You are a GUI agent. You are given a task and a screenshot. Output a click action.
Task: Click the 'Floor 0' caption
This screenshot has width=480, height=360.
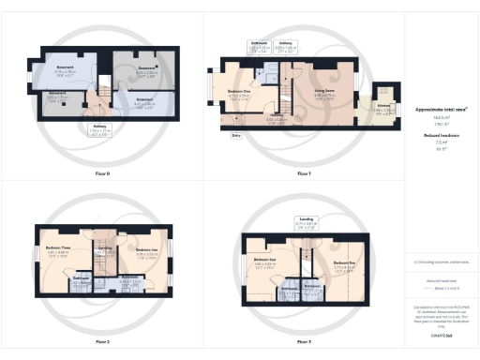pos(102,174)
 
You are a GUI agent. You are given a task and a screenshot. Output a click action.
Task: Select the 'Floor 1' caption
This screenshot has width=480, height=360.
pos(303,174)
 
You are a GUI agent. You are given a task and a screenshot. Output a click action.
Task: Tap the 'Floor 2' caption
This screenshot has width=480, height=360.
pos(102,341)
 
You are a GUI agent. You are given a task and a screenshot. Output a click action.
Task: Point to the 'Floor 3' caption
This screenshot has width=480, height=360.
pos(303,341)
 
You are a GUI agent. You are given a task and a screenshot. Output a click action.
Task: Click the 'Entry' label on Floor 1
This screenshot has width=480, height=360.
pos(235,135)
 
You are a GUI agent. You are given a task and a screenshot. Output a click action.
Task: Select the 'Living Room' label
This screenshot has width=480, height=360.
pos(324,91)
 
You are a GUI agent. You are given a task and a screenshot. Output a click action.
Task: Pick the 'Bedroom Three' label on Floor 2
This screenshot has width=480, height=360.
pos(59,248)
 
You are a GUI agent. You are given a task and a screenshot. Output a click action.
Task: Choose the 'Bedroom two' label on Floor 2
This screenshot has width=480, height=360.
pos(144,249)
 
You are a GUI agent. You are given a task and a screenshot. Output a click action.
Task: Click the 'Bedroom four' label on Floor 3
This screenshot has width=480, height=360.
pos(263,262)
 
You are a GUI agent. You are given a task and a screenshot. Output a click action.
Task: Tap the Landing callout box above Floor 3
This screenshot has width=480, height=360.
pos(307,224)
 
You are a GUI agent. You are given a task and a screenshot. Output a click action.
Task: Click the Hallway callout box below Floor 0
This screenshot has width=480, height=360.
pos(98,131)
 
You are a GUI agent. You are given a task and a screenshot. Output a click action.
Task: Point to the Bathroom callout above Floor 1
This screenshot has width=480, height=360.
pos(260,46)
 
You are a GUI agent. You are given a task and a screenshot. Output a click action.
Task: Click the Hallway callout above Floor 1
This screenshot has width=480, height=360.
pos(288,46)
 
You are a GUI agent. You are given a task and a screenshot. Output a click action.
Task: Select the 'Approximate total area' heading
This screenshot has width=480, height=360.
pos(442,110)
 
